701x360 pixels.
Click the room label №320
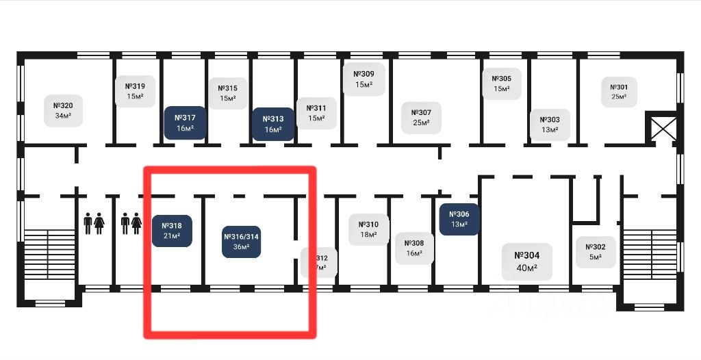pyautogui.click(x=63, y=110)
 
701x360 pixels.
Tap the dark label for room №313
pyautogui.click(x=273, y=124)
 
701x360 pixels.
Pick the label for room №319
pyautogui.click(x=134, y=91)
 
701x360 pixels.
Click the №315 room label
pyautogui.click(x=227, y=93)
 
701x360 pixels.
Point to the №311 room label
pyautogui.click(x=316, y=113)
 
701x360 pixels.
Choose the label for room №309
pyautogui.click(x=364, y=79)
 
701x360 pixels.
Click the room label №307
pyautogui.click(x=421, y=118)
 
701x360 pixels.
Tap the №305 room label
pyautogui.click(x=502, y=83)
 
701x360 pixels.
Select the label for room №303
pyautogui.click(x=550, y=125)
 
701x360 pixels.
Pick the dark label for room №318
pyautogui.click(x=171, y=231)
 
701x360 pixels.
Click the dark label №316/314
pyautogui.click(x=242, y=242)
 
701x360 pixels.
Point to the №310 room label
pyautogui.click(x=368, y=229)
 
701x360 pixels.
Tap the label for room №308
pyautogui.click(x=414, y=248)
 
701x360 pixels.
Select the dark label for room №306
pyautogui.click(x=459, y=219)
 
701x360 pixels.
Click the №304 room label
pyautogui.click(x=526, y=261)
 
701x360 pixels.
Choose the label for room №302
pyautogui.click(x=595, y=252)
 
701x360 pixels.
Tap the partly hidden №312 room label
pyautogui.click(x=320, y=262)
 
